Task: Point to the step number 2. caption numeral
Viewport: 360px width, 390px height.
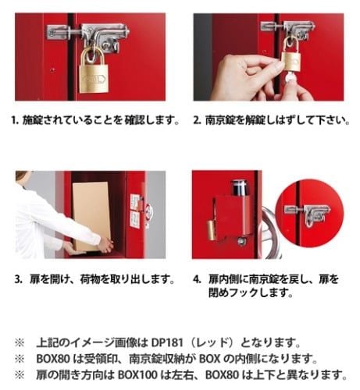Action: tap(197, 120)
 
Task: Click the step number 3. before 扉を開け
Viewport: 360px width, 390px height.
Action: tap(19, 279)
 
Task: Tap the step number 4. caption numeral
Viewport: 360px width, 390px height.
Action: tap(197, 279)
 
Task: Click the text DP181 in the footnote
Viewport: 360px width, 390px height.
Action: tap(167, 342)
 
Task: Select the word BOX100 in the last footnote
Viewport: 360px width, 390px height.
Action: tap(137, 375)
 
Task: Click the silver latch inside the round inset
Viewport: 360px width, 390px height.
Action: tap(308, 214)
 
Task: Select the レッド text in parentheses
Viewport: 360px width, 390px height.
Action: tap(215, 342)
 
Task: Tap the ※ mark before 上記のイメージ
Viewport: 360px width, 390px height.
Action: tap(20, 342)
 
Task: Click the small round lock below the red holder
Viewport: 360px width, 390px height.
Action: tap(241, 242)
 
